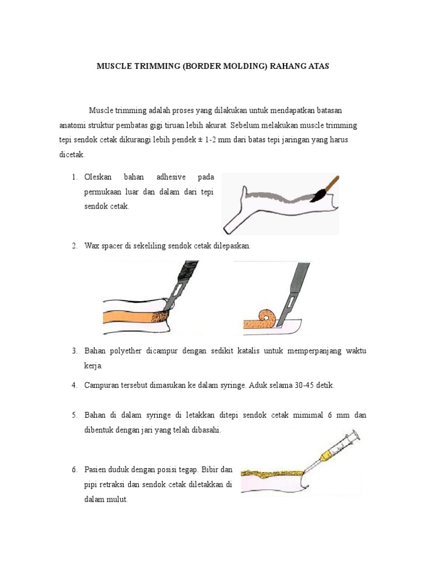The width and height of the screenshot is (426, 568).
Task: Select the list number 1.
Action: coord(74,177)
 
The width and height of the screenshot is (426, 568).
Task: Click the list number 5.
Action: coord(74,415)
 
